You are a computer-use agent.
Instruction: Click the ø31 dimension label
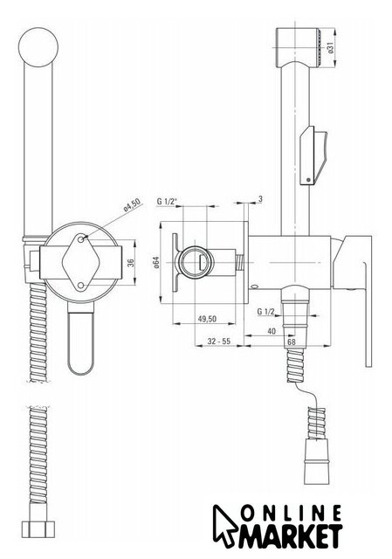(x=330, y=47)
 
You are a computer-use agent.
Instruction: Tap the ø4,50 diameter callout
(x=132, y=205)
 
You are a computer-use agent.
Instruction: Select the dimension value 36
(x=131, y=262)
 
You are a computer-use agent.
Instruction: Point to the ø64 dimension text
(x=155, y=262)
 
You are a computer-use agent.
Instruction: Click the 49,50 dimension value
(x=207, y=318)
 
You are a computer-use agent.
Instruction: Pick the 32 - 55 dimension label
(x=219, y=342)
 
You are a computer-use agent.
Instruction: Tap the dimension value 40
(x=272, y=331)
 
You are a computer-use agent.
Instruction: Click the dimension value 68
(x=291, y=342)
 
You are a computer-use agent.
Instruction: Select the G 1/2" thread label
(x=167, y=202)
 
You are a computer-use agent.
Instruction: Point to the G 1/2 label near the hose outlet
(x=266, y=312)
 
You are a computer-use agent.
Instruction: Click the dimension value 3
(x=260, y=199)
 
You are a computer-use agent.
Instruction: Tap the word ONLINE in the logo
(x=291, y=514)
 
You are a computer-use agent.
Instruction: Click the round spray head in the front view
(x=38, y=47)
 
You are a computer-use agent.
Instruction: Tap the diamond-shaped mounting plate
(x=80, y=262)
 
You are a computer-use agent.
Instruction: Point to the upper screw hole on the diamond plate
(x=81, y=238)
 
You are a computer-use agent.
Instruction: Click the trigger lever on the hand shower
(x=313, y=155)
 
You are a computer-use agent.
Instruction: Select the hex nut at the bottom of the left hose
(x=38, y=530)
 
